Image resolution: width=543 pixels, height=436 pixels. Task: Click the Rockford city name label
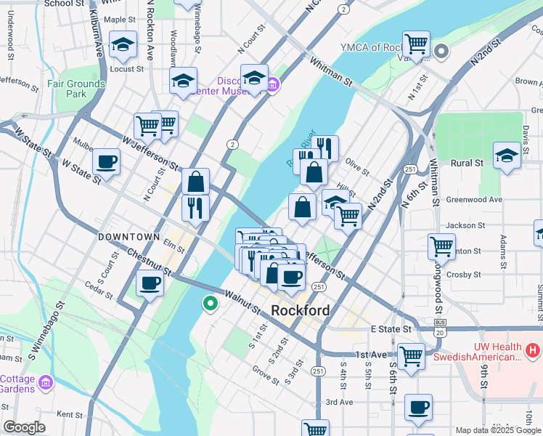tap(300, 310)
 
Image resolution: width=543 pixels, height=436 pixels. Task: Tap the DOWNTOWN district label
tap(128, 237)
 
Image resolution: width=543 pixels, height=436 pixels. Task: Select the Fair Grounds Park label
tap(76, 89)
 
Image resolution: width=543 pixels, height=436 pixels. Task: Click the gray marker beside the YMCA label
tap(441, 51)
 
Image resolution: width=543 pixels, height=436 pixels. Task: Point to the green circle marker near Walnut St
tap(211, 304)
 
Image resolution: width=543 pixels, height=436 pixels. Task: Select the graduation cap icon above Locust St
tap(123, 45)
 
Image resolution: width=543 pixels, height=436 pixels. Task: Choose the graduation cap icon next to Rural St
tap(507, 156)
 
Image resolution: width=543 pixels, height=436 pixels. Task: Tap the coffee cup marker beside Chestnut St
tap(150, 283)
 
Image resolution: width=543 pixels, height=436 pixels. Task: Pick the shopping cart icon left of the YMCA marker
tap(416, 44)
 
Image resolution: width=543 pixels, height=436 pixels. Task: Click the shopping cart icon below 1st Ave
tap(411, 357)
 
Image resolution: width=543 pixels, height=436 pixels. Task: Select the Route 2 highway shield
tap(232, 144)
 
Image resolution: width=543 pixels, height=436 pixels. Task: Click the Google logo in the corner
tap(24, 427)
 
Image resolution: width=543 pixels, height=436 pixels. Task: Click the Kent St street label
tap(70, 414)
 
